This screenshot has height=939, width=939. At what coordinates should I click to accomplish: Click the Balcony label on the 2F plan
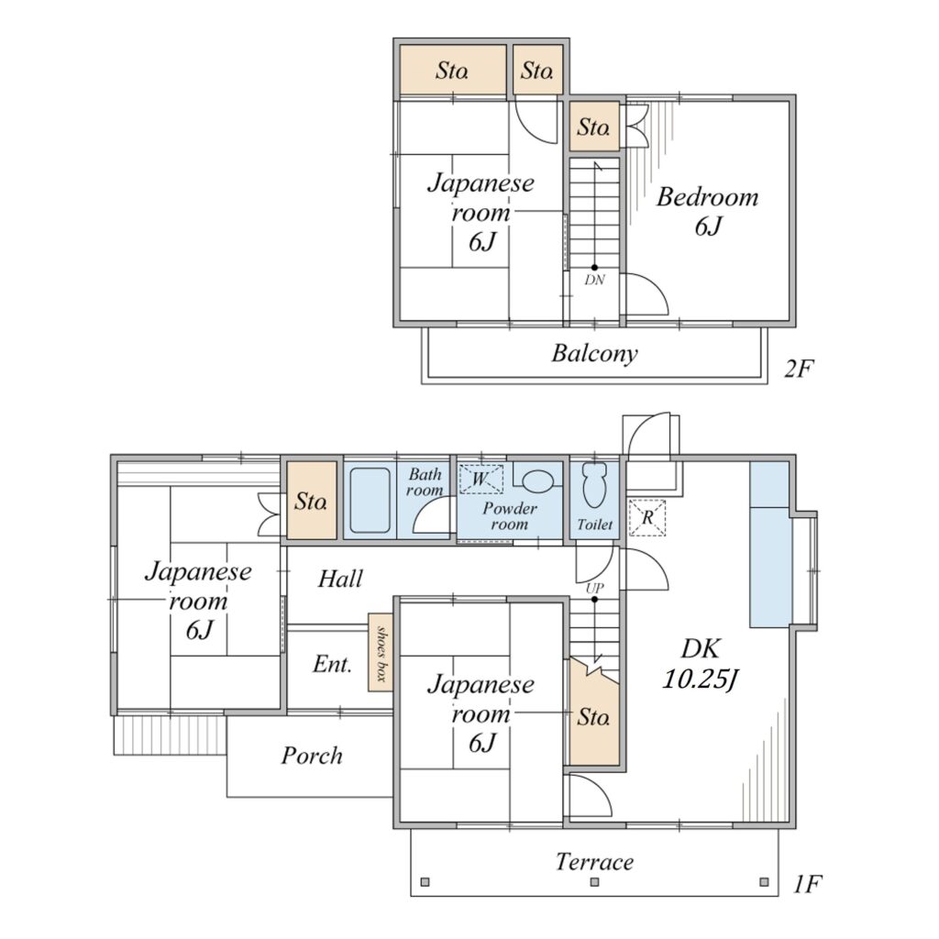pyautogui.click(x=594, y=353)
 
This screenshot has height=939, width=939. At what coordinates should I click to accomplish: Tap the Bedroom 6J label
pyautogui.click(x=707, y=212)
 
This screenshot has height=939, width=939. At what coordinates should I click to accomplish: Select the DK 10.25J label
pyautogui.click(x=700, y=664)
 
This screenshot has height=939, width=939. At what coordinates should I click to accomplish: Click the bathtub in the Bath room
pyautogui.click(x=370, y=500)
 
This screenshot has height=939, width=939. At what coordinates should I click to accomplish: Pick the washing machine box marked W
pyautogui.click(x=481, y=479)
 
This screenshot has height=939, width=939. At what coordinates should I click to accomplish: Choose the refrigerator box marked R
pyautogui.click(x=646, y=517)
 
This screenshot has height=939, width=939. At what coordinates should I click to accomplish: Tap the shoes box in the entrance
pyautogui.click(x=381, y=653)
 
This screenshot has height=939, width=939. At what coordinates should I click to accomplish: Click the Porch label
pyautogui.click(x=312, y=757)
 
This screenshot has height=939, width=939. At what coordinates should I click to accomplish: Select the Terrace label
pyautogui.click(x=594, y=862)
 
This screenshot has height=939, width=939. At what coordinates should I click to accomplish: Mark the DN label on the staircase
pyautogui.click(x=594, y=280)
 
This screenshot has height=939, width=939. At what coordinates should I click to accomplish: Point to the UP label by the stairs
pyautogui.click(x=594, y=588)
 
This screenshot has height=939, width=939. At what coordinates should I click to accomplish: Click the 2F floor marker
pyautogui.click(x=799, y=369)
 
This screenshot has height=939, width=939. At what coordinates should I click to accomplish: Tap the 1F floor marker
pyautogui.click(x=807, y=884)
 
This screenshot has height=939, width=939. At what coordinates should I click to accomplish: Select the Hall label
pyautogui.click(x=340, y=580)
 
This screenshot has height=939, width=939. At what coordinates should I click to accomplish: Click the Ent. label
pyautogui.click(x=332, y=664)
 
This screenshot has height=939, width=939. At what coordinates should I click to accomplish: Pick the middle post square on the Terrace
pyautogui.click(x=594, y=881)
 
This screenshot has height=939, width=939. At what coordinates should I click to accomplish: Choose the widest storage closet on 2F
pyautogui.click(x=453, y=70)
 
